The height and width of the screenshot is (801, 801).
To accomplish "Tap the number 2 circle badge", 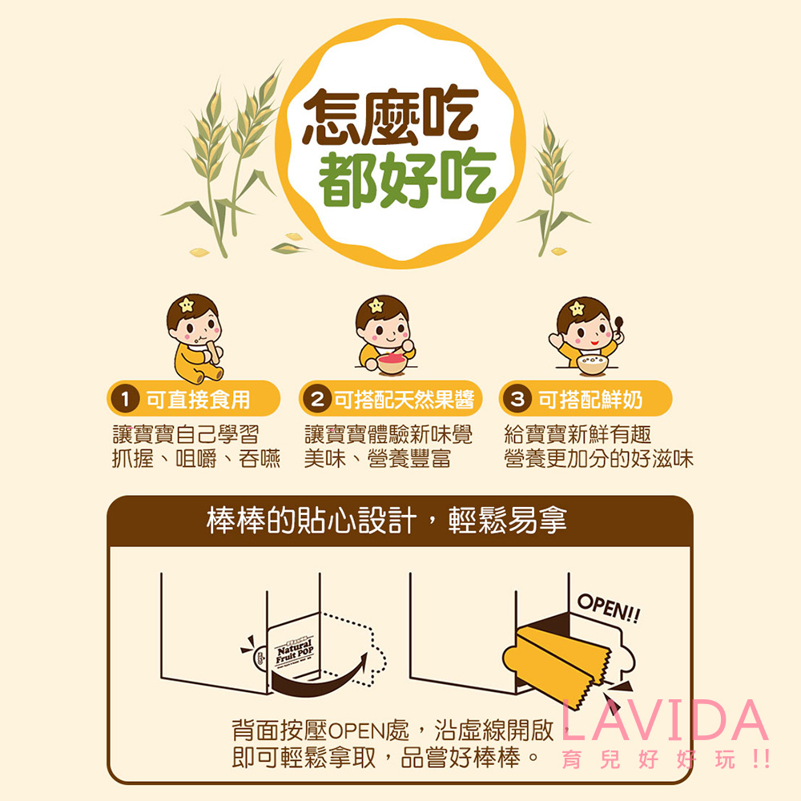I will click(x=318, y=399).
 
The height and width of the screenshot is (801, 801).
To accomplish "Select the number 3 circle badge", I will click(x=518, y=399).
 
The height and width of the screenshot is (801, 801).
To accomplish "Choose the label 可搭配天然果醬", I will click(x=403, y=399).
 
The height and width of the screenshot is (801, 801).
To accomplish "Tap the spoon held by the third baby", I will click(x=618, y=325).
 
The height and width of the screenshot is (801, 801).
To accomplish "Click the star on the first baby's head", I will click(x=187, y=305).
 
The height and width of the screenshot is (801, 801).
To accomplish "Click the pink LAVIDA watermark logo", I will click(x=665, y=721).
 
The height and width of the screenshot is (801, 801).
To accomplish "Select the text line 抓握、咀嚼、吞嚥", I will click(x=196, y=459).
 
